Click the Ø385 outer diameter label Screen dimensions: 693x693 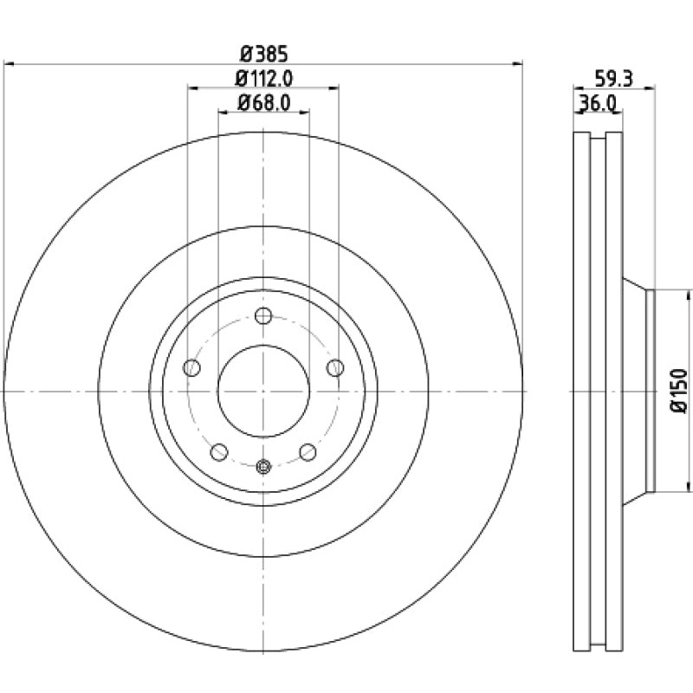tap(263, 51)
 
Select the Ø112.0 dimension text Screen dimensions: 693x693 tap(263, 78)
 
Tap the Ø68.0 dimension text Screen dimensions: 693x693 tap(263, 104)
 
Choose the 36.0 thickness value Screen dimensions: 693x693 tap(597, 104)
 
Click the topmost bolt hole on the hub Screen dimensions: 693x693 tap(263, 316)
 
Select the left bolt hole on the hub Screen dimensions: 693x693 tap(192, 368)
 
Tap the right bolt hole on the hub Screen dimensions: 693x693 tap(335, 368)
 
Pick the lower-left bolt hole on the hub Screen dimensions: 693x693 tap(219, 451)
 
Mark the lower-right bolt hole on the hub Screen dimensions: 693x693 tap(308, 451)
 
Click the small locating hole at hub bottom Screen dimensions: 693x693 tap(263, 467)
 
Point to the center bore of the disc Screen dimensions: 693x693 tap(263, 392)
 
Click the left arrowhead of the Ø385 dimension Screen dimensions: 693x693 tap(9, 62)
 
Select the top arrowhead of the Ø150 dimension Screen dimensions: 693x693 tap(690, 295)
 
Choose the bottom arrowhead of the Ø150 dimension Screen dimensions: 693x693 tap(690, 487)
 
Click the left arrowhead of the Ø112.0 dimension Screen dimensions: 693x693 tap(191, 88)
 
